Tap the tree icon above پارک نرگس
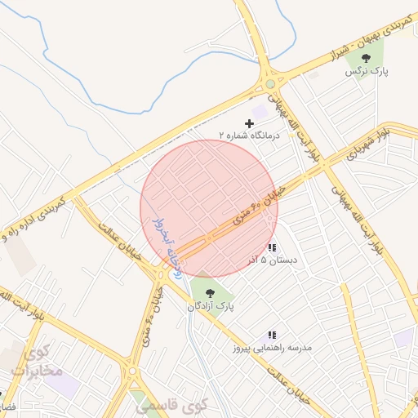click(367, 57)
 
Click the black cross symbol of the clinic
click(249, 123)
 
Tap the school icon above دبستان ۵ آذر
click(272, 247)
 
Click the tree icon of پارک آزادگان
click(210, 292)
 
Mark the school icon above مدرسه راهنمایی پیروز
click(272, 335)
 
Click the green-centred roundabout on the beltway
click(270, 84)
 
